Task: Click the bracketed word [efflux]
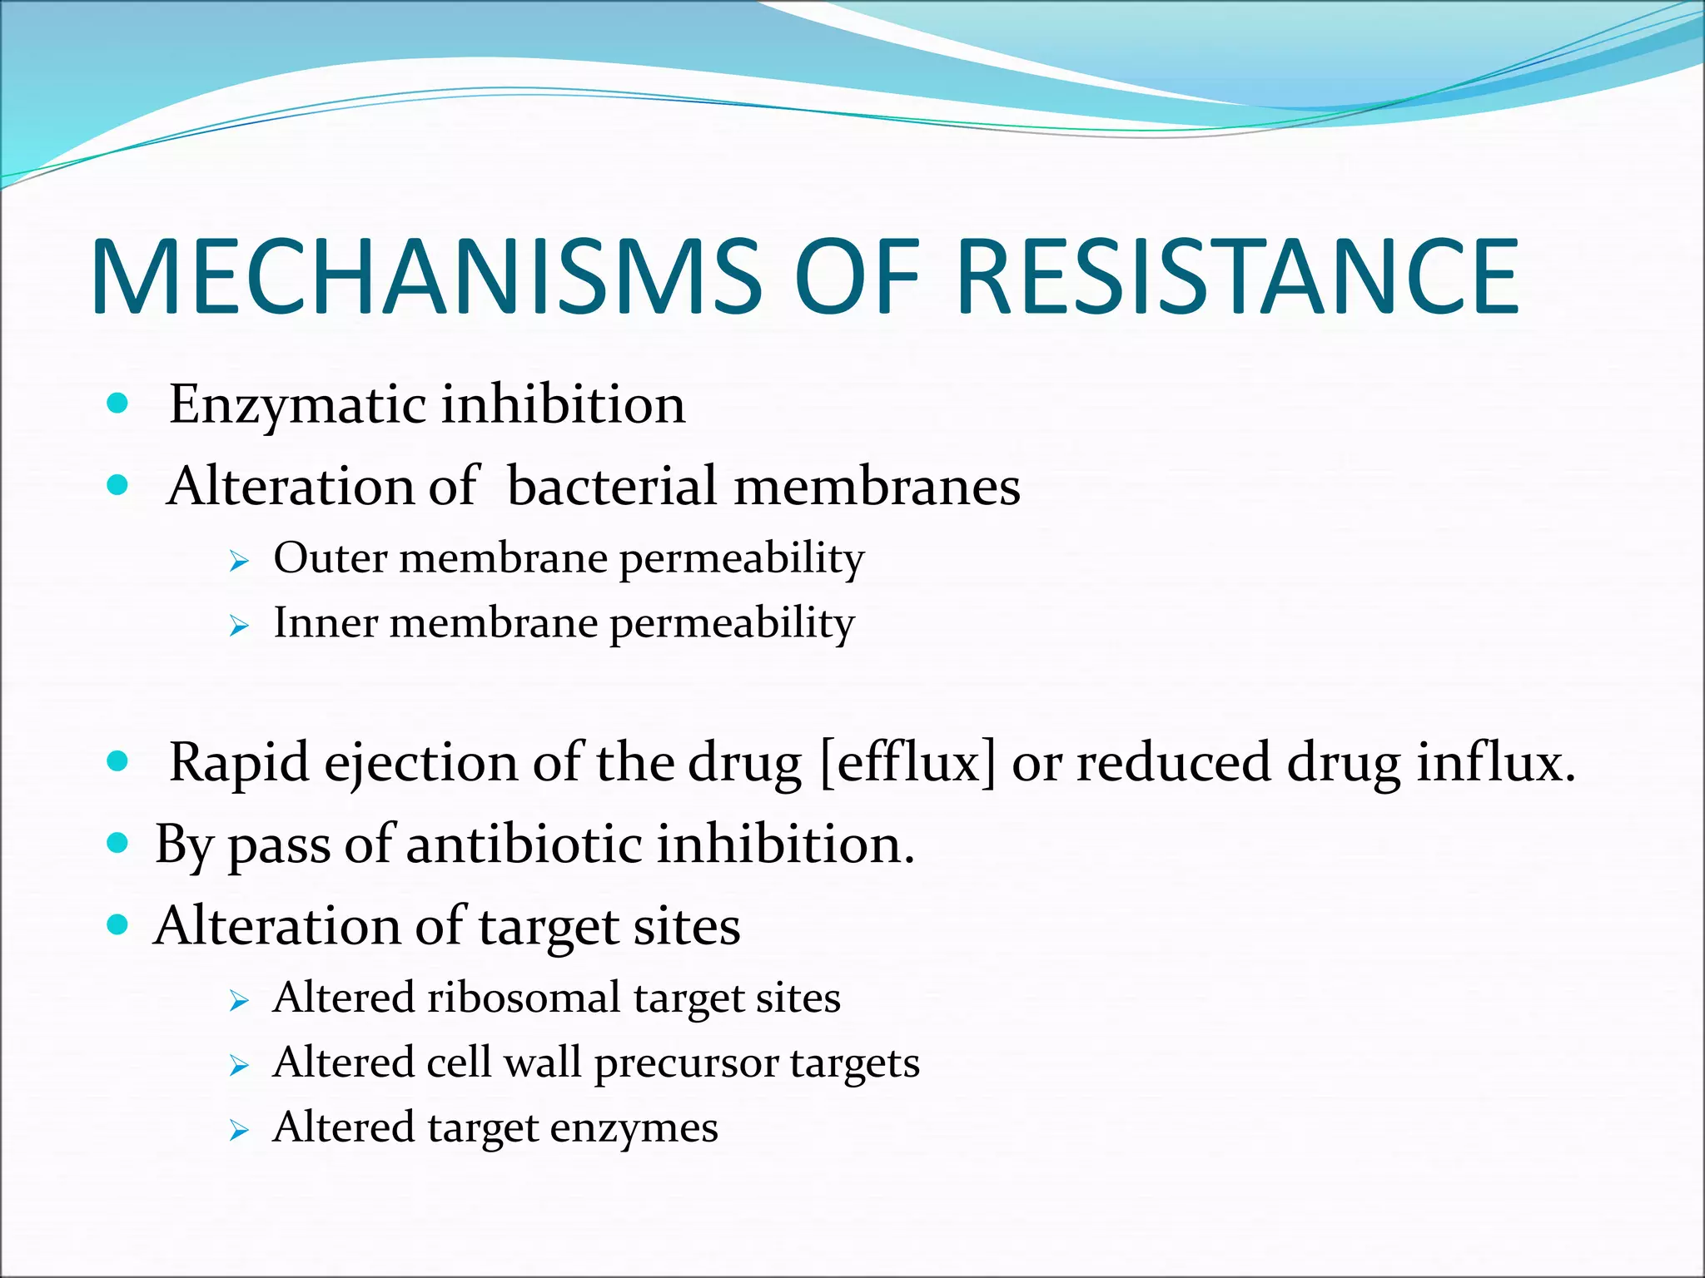pos(907,762)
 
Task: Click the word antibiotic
pos(524,845)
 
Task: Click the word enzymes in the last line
pos(634,1128)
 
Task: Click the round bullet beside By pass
pos(118,844)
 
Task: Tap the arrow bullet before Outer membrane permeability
pos(239,562)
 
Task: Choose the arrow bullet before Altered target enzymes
pos(239,1131)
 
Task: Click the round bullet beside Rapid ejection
pos(118,761)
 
